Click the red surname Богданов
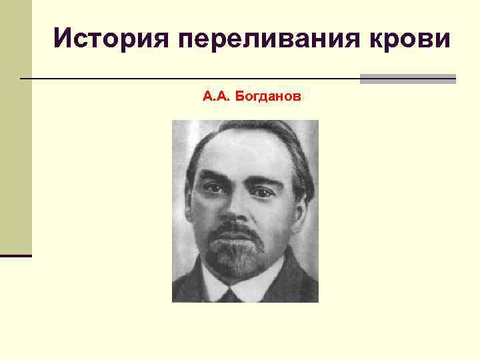(268, 97)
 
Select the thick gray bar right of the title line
(407, 79)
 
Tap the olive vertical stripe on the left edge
(15, 127)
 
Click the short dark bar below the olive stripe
(15, 255)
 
